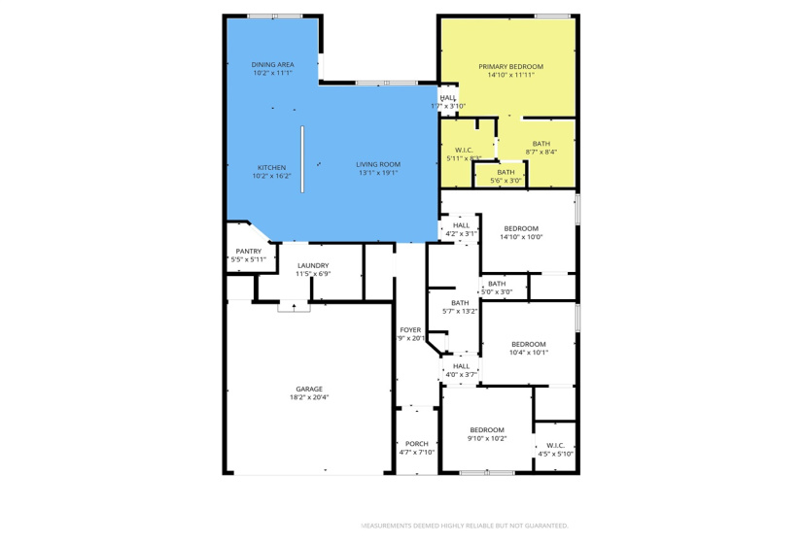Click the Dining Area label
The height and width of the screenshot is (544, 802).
(x=272, y=65)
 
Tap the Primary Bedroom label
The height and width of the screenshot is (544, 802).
(x=510, y=66)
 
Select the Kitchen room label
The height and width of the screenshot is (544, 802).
(x=271, y=167)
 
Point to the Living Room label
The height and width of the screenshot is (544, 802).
(x=378, y=164)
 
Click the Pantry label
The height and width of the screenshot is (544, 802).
(x=248, y=252)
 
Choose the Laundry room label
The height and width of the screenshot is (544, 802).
(x=313, y=265)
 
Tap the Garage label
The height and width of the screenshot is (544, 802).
(x=309, y=389)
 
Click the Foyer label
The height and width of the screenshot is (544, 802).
(x=410, y=330)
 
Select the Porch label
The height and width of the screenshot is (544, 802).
(x=416, y=444)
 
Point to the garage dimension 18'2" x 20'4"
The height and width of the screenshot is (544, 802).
(x=309, y=397)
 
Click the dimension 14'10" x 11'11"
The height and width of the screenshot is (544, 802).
(x=510, y=75)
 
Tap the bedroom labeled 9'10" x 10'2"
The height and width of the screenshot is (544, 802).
(x=487, y=430)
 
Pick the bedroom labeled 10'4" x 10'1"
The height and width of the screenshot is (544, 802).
(x=529, y=344)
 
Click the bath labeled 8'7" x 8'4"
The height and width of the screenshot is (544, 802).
(x=540, y=144)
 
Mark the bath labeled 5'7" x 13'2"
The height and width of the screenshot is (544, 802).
(x=460, y=303)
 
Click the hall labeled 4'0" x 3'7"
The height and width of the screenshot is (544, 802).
(x=460, y=366)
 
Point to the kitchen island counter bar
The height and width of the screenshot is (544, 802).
(x=302, y=159)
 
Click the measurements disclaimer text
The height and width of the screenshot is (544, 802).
(x=465, y=526)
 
